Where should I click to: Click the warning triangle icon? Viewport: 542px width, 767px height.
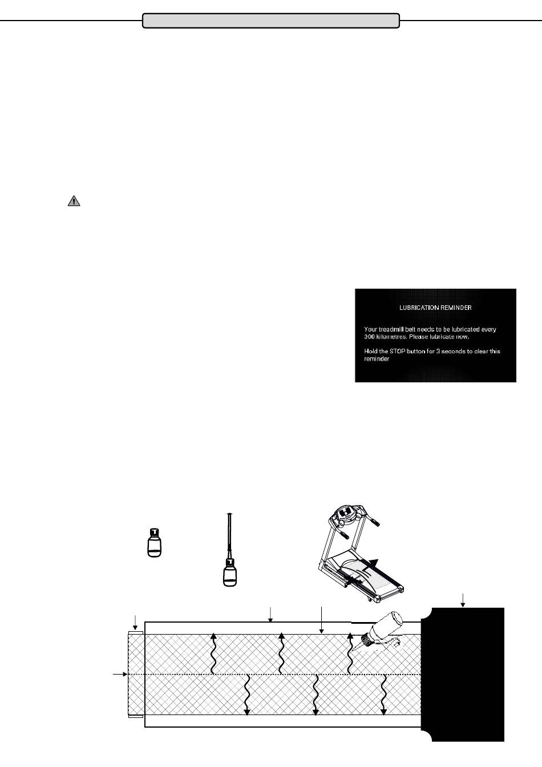(x=74, y=201)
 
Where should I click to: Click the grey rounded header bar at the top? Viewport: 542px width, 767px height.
(x=270, y=21)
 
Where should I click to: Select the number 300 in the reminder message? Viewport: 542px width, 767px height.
(x=370, y=337)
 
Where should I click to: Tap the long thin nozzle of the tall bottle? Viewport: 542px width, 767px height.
(x=229, y=534)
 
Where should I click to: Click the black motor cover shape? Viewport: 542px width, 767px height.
(x=465, y=673)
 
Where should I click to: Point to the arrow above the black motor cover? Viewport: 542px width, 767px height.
(x=463, y=599)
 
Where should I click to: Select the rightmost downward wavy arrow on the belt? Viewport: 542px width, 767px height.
(x=384, y=695)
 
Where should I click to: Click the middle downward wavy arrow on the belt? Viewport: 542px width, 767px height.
(x=316, y=695)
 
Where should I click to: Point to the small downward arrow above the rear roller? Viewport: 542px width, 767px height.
(x=135, y=621)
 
